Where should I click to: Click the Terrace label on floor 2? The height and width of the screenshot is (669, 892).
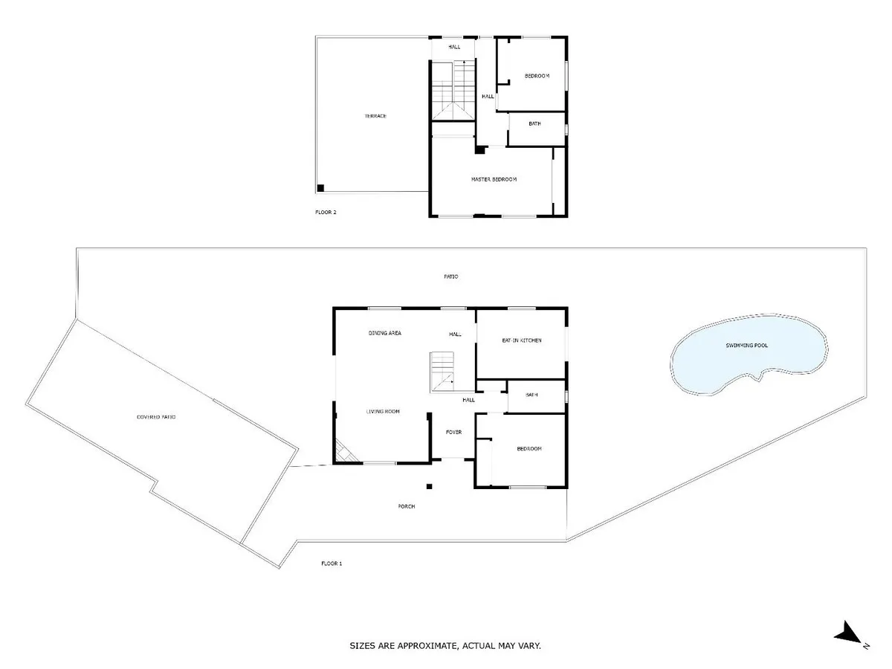(375, 116)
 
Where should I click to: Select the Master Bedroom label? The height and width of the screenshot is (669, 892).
(494, 179)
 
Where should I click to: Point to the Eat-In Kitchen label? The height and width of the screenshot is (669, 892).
(522, 340)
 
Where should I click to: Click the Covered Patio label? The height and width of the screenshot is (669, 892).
(156, 417)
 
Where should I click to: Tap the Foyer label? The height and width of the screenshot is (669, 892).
(453, 432)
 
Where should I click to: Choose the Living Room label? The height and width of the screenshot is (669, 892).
(383, 412)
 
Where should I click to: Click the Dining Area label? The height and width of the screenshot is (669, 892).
(384, 333)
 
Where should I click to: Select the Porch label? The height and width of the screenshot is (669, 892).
(407, 506)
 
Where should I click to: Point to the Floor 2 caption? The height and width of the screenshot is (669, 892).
(326, 212)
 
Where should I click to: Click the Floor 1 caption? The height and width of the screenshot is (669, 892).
(332, 563)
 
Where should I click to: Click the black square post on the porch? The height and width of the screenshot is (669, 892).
(429, 486)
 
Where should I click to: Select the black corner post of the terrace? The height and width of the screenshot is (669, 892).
(320, 187)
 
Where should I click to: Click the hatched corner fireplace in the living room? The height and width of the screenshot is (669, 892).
(345, 453)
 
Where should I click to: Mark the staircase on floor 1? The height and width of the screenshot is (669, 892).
(442, 372)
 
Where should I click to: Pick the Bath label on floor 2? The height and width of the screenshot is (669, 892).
(534, 123)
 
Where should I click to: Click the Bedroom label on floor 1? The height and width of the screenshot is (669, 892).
(529, 449)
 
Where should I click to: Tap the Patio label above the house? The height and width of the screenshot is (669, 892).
(450, 277)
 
